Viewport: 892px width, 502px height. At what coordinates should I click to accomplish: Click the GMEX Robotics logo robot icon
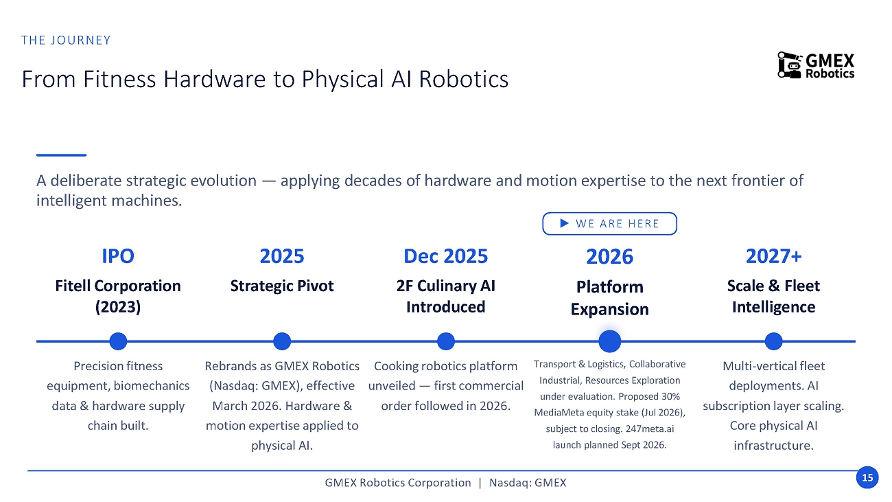[x=790, y=65]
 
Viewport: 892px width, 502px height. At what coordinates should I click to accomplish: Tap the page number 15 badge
[x=867, y=477]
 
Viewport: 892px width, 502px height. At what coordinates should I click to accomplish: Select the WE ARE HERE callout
[x=609, y=223]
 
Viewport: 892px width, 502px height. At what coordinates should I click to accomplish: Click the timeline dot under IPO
[x=118, y=341]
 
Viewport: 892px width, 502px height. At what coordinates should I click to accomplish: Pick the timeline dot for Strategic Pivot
[x=282, y=341]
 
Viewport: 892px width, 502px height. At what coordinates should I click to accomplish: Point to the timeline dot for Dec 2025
[x=445, y=341]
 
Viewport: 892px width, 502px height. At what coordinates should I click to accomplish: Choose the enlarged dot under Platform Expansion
[x=610, y=341]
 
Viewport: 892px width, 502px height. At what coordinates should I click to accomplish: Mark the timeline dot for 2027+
[x=774, y=341]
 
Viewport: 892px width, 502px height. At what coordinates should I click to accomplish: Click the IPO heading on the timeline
[x=118, y=255]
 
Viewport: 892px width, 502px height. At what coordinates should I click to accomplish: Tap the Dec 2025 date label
[x=445, y=255]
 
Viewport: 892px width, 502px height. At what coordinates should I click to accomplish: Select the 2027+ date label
[x=774, y=255]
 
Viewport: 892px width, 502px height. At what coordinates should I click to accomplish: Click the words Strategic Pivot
[x=282, y=286]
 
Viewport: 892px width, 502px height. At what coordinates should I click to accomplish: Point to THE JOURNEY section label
[x=66, y=41]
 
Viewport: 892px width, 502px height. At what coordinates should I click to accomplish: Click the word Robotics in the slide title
[x=464, y=79]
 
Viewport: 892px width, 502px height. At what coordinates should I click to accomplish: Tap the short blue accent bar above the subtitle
[x=61, y=155]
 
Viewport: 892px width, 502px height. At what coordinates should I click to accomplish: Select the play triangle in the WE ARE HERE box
[x=564, y=223]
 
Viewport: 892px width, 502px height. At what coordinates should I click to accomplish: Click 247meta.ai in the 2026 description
[x=650, y=429]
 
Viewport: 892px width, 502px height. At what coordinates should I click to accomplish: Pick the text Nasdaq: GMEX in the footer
[x=528, y=483]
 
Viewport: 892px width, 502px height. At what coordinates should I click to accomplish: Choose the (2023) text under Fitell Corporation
[x=118, y=307]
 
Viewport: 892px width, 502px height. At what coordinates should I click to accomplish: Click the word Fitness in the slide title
[x=119, y=79]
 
